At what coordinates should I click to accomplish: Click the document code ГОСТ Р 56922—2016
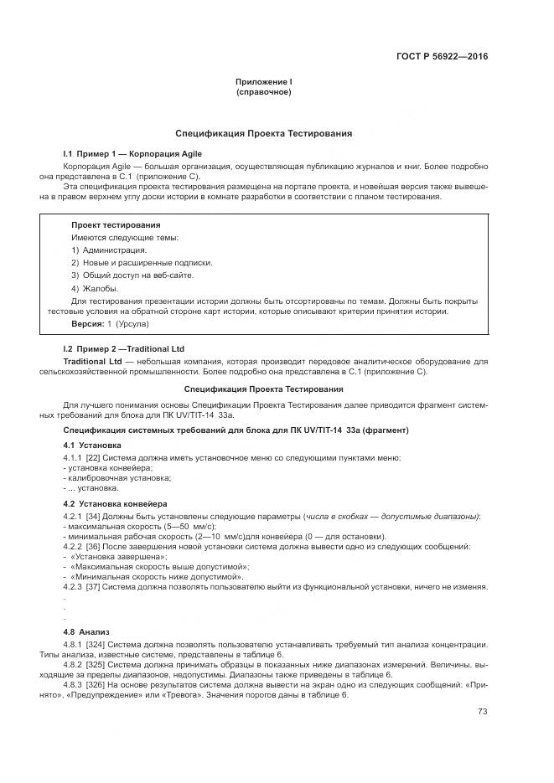441,57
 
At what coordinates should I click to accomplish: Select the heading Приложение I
263,81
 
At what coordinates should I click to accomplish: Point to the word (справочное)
263,92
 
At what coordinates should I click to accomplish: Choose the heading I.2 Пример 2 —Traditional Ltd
124,348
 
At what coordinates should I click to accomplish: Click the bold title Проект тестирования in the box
116,225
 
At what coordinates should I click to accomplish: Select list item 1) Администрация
109,250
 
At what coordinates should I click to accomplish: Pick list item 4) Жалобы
95,287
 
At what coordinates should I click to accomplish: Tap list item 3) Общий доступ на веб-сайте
132,275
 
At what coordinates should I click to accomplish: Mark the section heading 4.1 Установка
92,445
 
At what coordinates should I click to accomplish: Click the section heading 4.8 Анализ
86,631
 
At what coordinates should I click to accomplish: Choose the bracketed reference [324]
96,643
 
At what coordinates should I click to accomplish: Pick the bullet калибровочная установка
107,477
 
